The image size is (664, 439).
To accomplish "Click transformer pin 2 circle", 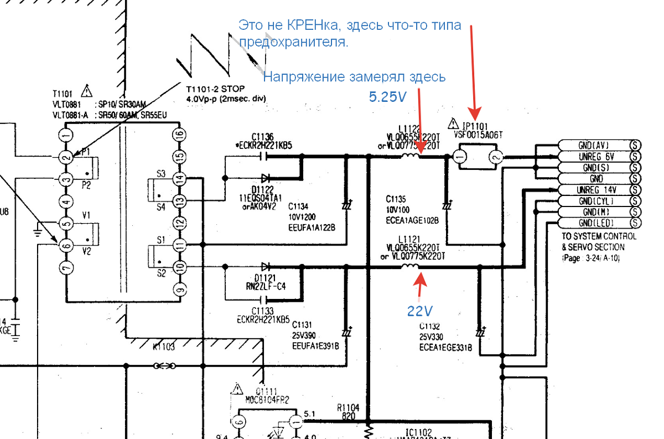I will pyautogui.click(x=66, y=158).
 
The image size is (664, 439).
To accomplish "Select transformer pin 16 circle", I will pyautogui.click(x=178, y=135).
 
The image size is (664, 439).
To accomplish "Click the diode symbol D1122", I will pyautogui.click(x=266, y=178).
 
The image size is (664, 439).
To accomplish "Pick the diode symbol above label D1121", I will pyautogui.click(x=266, y=267).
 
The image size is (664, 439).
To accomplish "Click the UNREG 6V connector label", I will pyautogui.click(x=596, y=157).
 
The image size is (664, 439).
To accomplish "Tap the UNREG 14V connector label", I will pyautogui.click(x=596, y=190).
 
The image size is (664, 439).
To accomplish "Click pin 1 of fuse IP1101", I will pyautogui.click(x=458, y=157).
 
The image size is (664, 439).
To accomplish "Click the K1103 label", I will pyautogui.click(x=164, y=347).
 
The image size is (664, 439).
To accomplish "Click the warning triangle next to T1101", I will pyautogui.click(x=86, y=90).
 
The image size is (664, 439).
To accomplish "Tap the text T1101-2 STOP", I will pyautogui.click(x=215, y=90).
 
